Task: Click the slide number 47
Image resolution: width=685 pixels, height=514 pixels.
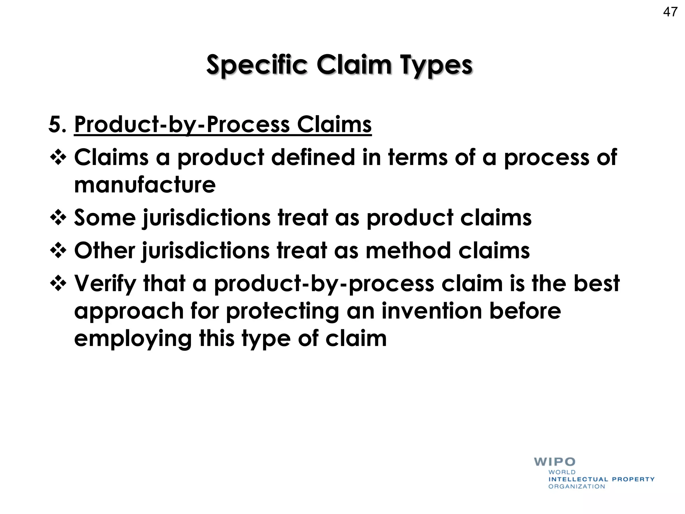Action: pos(670,12)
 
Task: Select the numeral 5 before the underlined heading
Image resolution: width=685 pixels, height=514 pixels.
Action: pos(55,124)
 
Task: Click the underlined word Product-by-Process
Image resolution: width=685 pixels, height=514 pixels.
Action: pos(182,124)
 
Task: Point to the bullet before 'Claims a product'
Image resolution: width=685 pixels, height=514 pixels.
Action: pos(58,157)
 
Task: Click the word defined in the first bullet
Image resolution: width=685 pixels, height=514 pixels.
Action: pos(313,157)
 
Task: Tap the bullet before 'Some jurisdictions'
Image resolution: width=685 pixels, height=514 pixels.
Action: pos(58,218)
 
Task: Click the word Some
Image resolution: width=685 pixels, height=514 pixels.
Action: pos(105,218)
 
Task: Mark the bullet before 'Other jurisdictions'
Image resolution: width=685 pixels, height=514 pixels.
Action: pos(58,251)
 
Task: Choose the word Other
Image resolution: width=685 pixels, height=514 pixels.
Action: pos(105,251)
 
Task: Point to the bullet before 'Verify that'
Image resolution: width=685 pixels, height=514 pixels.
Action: pos(58,283)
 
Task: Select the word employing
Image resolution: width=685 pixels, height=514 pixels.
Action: pos(133,339)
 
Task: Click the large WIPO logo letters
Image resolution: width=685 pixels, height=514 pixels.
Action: pos(555,462)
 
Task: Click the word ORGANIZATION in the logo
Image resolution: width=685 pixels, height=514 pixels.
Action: pos(577,487)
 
